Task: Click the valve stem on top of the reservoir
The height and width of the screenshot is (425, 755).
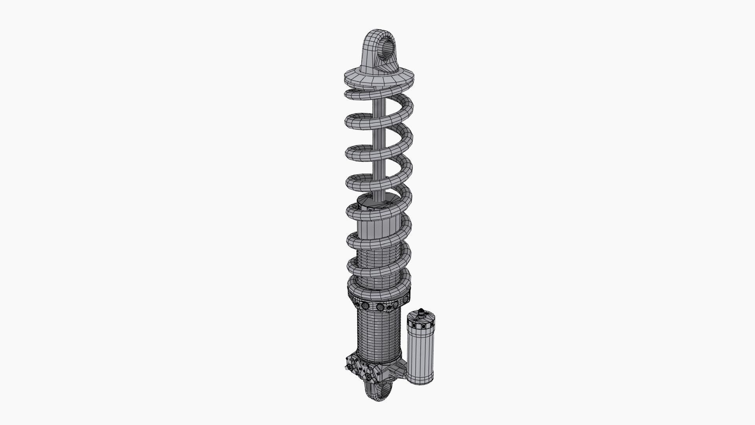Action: click(x=421, y=311)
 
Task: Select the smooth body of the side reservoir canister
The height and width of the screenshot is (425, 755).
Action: click(x=421, y=354)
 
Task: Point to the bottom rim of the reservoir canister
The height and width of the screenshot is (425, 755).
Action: click(x=421, y=381)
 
